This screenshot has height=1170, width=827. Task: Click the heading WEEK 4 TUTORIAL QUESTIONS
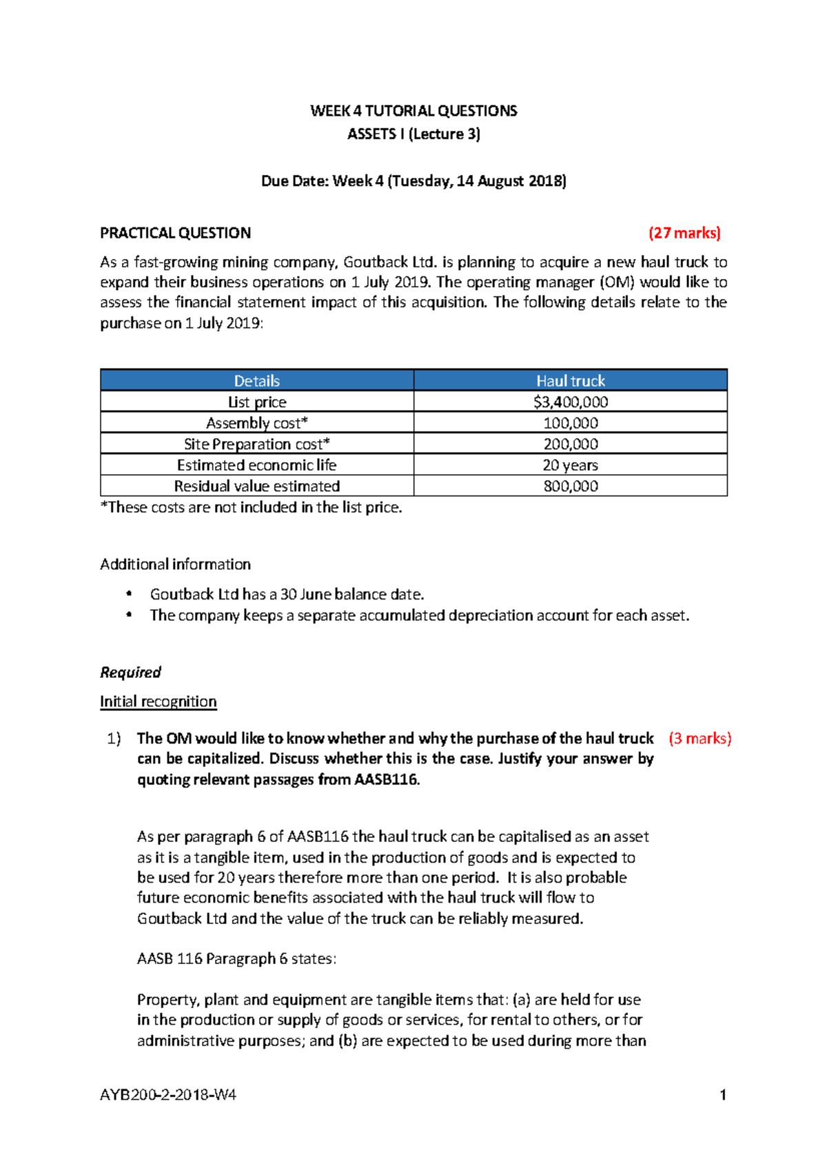pyautogui.click(x=413, y=111)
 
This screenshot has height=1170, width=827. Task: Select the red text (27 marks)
pyautogui.click(x=684, y=233)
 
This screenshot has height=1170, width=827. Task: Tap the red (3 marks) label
pyautogui.click(x=700, y=739)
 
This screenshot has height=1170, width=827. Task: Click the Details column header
pyautogui.click(x=256, y=381)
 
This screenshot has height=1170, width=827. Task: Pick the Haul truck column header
pyautogui.click(x=570, y=381)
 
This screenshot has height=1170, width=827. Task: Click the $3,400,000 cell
pyautogui.click(x=570, y=402)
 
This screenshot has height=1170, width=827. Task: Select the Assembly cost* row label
pyautogui.click(x=256, y=423)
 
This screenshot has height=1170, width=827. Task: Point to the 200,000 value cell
pyautogui.click(x=570, y=444)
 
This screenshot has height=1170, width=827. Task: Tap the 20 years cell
pyautogui.click(x=570, y=465)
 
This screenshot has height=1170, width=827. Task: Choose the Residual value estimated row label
pyautogui.click(x=256, y=486)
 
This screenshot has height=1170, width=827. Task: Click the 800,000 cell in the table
pyautogui.click(x=570, y=486)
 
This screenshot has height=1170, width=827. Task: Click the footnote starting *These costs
pyautogui.click(x=251, y=508)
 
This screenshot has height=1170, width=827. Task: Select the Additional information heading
pyautogui.click(x=175, y=564)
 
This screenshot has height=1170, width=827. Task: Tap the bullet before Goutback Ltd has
pyautogui.click(x=129, y=594)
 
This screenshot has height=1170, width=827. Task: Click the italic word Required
pyautogui.click(x=130, y=673)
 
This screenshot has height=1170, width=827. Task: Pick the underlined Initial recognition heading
pyautogui.click(x=158, y=701)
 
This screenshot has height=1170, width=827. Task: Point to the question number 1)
pyautogui.click(x=114, y=739)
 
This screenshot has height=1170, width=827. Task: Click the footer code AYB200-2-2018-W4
pyautogui.click(x=168, y=1095)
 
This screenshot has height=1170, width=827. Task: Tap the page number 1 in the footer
pyautogui.click(x=722, y=1095)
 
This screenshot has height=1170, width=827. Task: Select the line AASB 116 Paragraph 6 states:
pyautogui.click(x=236, y=959)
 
